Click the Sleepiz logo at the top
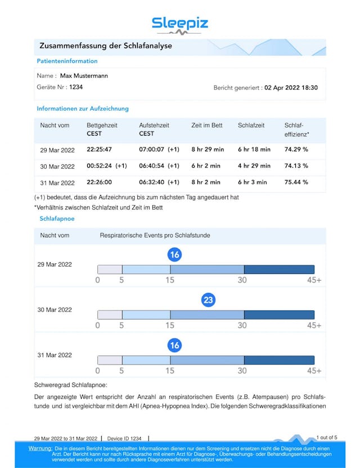(179, 24)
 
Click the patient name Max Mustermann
(84, 75)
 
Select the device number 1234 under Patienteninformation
(76, 87)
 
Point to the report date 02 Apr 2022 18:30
(291, 88)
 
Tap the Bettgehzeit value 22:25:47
(99, 150)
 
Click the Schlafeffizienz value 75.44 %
(296, 182)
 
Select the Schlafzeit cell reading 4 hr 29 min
(254, 166)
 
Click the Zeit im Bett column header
(207, 125)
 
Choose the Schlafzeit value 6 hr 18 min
(254, 150)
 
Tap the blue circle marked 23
(208, 300)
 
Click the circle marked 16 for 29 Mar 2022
(174, 255)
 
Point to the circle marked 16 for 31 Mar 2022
(174, 345)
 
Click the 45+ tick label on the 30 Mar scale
(314, 325)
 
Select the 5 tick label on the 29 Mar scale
(122, 280)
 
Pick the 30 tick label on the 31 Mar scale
(242, 371)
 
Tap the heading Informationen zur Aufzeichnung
(83, 109)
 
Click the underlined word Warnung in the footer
(40, 448)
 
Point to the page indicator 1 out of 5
(327, 437)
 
